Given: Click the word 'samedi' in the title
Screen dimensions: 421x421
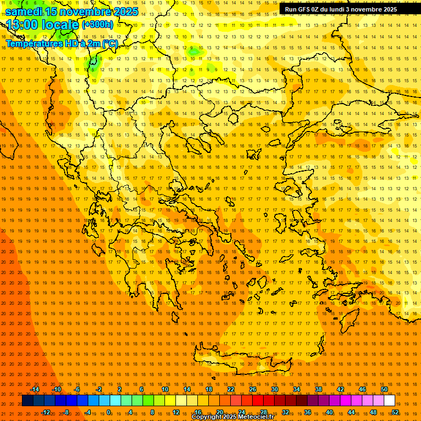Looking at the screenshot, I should coord(24,12).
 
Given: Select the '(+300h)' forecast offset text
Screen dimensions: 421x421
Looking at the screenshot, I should coord(98,25).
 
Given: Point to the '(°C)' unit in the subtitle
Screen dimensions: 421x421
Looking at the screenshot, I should coord(109,43).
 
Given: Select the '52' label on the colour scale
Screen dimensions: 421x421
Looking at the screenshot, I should coord(395,412).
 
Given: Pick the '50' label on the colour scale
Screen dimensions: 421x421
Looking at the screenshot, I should coord(384,389).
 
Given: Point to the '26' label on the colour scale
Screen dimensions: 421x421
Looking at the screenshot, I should coord(253,389).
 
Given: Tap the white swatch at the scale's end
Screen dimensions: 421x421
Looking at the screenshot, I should coord(389,401).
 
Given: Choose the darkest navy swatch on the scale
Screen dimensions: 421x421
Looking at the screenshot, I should coord(27,401).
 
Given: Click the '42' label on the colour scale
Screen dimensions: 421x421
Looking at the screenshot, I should coord(340,389).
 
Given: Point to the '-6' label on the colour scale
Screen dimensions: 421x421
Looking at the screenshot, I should coord(77,389).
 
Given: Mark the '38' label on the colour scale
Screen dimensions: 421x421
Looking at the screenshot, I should coord(318,389).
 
